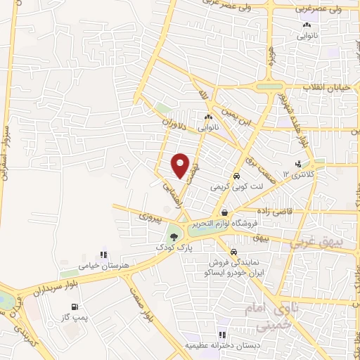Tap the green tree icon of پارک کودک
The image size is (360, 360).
point(173,236)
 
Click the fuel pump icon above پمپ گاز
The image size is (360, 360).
point(75,307)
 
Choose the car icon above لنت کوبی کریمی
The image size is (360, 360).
point(237,176)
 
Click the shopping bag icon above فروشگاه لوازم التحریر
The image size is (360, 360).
point(224,213)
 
